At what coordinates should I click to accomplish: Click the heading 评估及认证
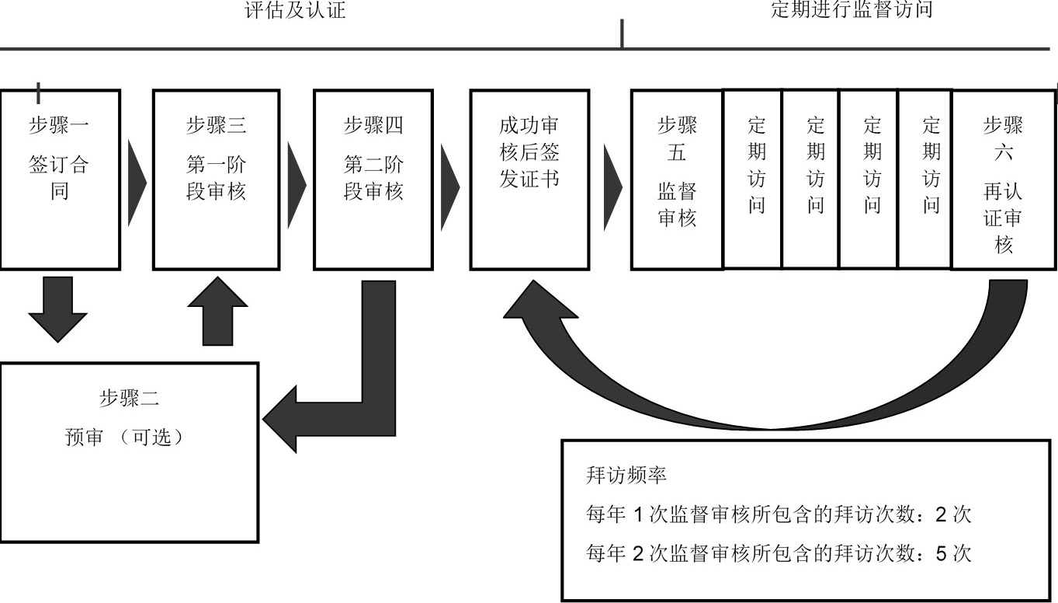[295, 10]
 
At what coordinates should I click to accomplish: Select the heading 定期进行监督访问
[851, 10]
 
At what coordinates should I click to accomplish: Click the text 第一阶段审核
[216, 178]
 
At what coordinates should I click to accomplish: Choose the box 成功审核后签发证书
[529, 179]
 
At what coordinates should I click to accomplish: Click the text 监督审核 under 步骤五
[677, 204]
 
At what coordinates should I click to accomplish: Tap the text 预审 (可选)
[129, 437]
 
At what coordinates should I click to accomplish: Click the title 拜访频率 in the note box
[626, 476]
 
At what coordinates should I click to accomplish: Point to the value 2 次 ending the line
[953, 514]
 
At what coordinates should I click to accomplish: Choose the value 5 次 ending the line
[953, 553]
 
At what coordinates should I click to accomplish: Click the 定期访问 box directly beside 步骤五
[756, 179]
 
